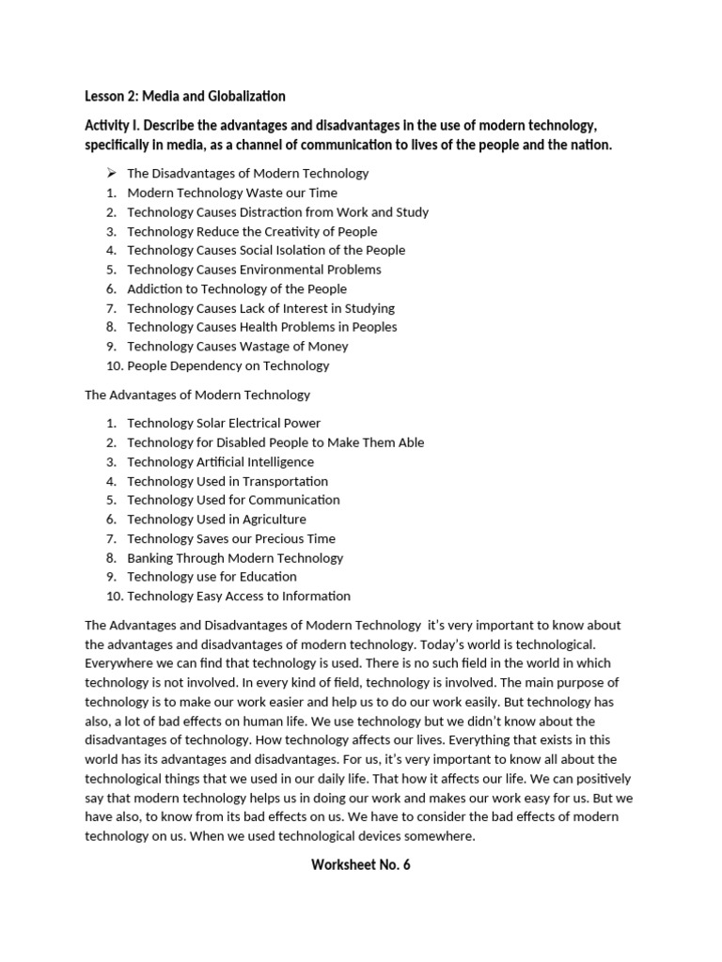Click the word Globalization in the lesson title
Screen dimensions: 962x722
pos(242,96)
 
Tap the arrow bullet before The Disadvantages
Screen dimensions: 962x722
pos(110,173)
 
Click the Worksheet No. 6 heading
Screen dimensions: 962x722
pos(361,865)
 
